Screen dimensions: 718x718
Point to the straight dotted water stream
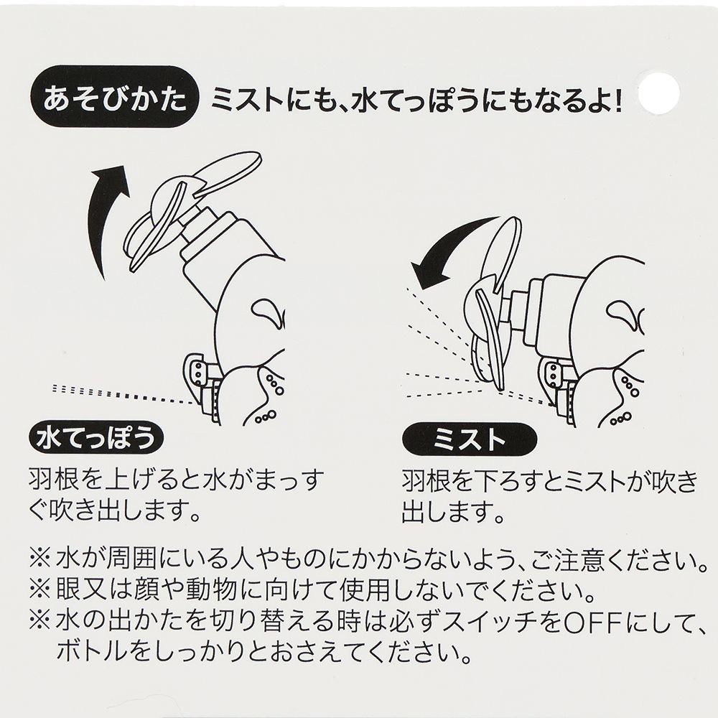pos(122,392)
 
